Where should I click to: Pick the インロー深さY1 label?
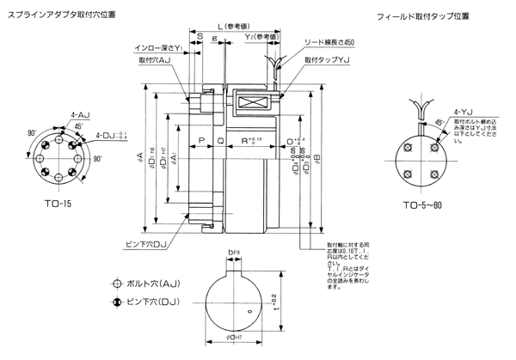pos(162,50)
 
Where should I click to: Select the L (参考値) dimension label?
pos(239,25)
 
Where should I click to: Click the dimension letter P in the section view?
pos(200,138)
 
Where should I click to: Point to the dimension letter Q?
pos(220,138)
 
